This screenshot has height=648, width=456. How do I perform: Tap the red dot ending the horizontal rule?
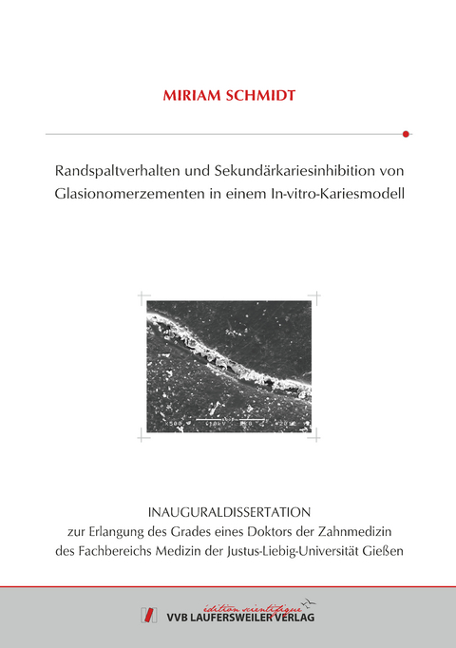[406, 134]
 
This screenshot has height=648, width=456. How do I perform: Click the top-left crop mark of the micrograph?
[143, 297]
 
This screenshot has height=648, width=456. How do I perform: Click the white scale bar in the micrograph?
[223, 418]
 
